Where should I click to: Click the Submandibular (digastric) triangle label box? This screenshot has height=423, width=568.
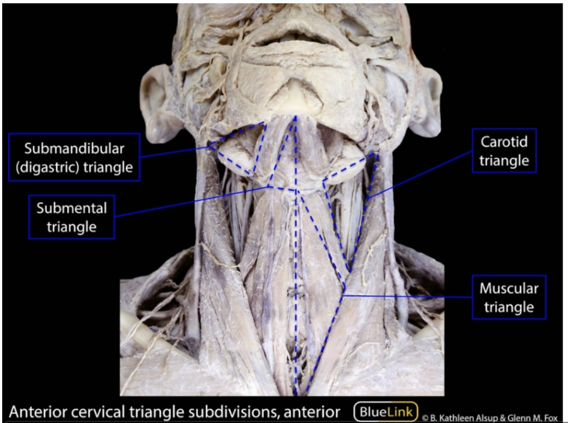[74, 157]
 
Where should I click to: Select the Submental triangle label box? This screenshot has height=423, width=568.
[72, 216]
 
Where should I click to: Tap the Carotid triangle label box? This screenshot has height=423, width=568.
[504, 151]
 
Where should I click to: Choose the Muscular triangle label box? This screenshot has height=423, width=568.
[509, 297]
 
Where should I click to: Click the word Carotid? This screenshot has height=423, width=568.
[504, 142]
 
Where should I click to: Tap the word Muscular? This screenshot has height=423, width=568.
[509, 288]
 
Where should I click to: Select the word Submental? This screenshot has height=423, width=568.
[72, 208]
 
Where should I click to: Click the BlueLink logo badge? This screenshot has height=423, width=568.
[386, 411]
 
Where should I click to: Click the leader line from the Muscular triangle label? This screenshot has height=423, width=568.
[407, 296]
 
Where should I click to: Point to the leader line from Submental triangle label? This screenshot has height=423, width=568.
[193, 202]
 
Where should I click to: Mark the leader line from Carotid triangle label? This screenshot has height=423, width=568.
[421, 173]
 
